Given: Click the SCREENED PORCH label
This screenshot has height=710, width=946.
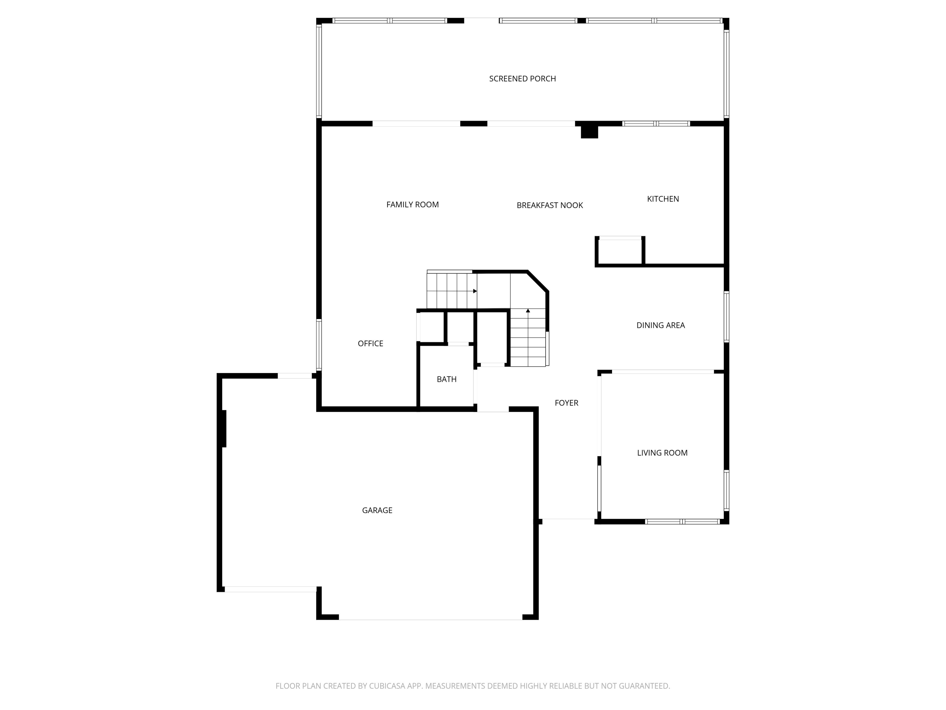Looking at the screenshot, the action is tap(522, 79).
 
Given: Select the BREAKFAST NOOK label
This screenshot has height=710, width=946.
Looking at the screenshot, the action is tap(550, 205).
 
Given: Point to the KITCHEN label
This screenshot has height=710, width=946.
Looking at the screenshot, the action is tap(663, 199).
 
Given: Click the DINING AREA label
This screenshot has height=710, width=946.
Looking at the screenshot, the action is tap(660, 325).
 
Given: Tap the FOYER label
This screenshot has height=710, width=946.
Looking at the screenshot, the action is tap(566, 403).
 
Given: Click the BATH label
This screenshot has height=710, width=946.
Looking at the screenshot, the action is tap(447, 379).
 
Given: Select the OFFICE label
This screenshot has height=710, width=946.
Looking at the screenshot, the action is tap(371, 344).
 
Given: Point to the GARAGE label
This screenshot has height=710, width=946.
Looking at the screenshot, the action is tap(377, 510).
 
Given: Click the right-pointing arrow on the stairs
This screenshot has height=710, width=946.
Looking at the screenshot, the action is tap(475, 291).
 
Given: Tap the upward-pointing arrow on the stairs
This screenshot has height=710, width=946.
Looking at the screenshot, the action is tap(528, 310).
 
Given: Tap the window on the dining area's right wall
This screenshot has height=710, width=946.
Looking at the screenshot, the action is tap(726, 317).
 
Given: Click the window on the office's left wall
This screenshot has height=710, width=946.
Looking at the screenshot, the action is tap(318, 345).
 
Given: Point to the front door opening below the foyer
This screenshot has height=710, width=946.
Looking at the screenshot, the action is tap(568, 519).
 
